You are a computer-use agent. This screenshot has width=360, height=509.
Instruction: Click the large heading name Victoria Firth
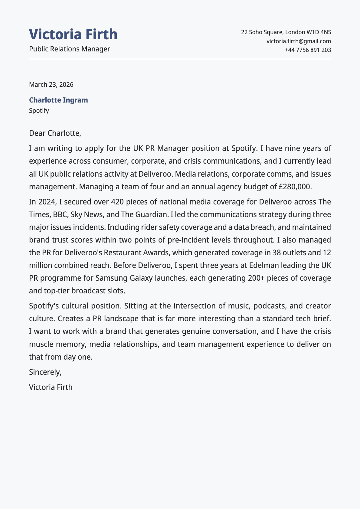click(73, 34)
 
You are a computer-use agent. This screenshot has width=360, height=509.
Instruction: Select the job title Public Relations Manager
click(70, 49)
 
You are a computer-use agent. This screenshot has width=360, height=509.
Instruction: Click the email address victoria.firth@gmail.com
click(299, 41)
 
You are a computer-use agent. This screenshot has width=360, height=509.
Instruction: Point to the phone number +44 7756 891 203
click(308, 50)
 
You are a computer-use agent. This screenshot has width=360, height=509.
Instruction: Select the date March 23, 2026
click(51, 84)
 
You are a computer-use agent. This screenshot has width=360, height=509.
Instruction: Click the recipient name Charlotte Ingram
click(58, 100)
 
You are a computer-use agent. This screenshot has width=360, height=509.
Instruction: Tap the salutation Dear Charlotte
click(55, 133)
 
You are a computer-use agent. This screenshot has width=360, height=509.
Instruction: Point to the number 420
click(118, 202)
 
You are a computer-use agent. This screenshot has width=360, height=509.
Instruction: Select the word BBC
click(61, 214)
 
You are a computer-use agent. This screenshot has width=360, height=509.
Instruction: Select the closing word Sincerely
click(45, 372)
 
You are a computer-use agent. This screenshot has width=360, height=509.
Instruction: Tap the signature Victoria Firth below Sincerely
click(51, 387)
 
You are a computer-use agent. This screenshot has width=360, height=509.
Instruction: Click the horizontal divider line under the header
click(180, 59)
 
